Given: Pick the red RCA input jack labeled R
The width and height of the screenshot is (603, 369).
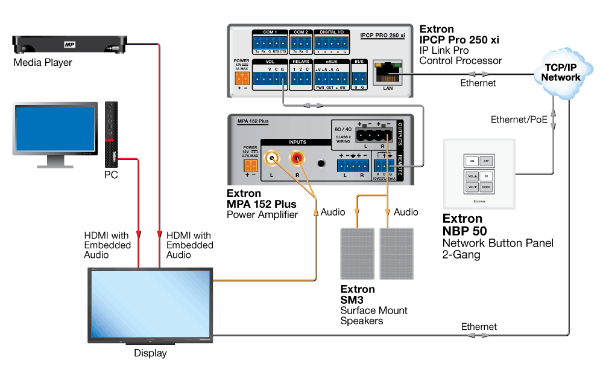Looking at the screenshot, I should click(x=297, y=159).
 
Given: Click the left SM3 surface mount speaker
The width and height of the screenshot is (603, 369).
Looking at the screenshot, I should click(x=358, y=253).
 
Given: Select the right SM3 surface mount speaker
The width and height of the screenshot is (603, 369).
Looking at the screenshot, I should click(x=396, y=253).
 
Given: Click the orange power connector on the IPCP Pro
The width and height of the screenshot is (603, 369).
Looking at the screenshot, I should click(x=242, y=77).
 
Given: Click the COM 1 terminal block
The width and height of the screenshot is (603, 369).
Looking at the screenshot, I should click(x=270, y=43).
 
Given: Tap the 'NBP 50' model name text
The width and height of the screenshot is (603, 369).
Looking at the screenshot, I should click(x=464, y=231).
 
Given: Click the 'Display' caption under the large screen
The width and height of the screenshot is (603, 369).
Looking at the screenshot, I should click(x=150, y=353).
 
